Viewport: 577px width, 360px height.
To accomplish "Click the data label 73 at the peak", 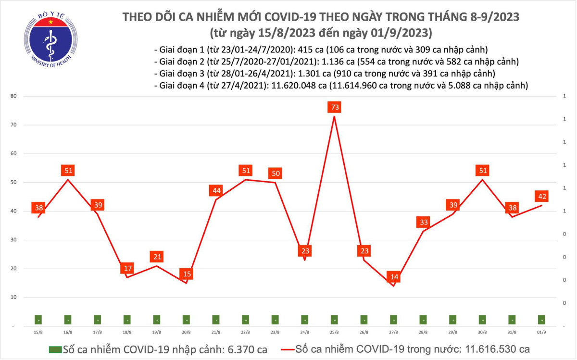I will tap(334, 107).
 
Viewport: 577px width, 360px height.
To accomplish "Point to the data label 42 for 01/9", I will tap(541, 196).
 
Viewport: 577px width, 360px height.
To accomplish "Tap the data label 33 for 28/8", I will tap(423, 222).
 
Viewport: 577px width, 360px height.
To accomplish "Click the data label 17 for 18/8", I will tap(127, 268).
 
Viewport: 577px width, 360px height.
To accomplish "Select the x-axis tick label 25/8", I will tap(334, 332).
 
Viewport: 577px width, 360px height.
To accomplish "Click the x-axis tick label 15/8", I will tap(38, 332).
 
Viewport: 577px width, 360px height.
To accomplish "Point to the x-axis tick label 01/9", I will tap(541, 332).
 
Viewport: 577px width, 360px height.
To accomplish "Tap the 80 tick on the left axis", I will tap(14, 96).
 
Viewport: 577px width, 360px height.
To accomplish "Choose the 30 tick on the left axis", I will tap(14, 240).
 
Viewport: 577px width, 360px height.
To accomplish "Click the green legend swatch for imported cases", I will tap(56, 349).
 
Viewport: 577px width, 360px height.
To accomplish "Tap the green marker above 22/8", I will tap(245, 320).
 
